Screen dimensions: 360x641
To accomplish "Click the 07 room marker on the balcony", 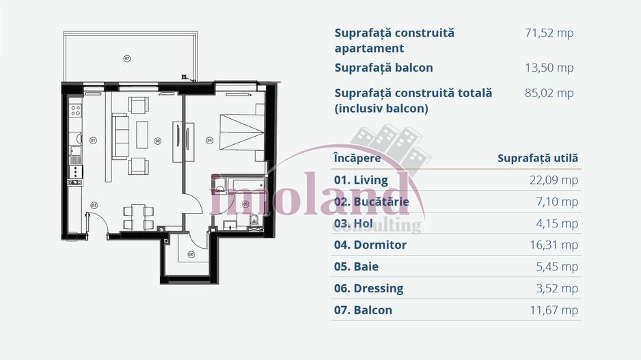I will tap(126, 59).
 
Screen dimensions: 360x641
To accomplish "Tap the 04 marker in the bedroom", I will tap(210, 141).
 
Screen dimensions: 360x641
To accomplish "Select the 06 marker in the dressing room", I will tap(191, 255).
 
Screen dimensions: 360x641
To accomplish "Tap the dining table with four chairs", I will tap(138, 215).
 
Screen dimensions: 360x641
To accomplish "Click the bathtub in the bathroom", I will tap(238, 184).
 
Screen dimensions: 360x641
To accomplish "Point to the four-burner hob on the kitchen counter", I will tap(76, 109).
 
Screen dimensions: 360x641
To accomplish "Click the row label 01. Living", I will tap(361, 180).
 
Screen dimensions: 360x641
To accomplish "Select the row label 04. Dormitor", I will tap(370, 245).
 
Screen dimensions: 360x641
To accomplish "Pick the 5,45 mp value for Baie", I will tap(558, 266).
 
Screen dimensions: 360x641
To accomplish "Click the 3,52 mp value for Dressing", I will tap(558, 288).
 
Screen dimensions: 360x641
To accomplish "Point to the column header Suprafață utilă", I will tap(538, 158).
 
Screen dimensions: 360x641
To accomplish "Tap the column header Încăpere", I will tap(357, 158).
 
